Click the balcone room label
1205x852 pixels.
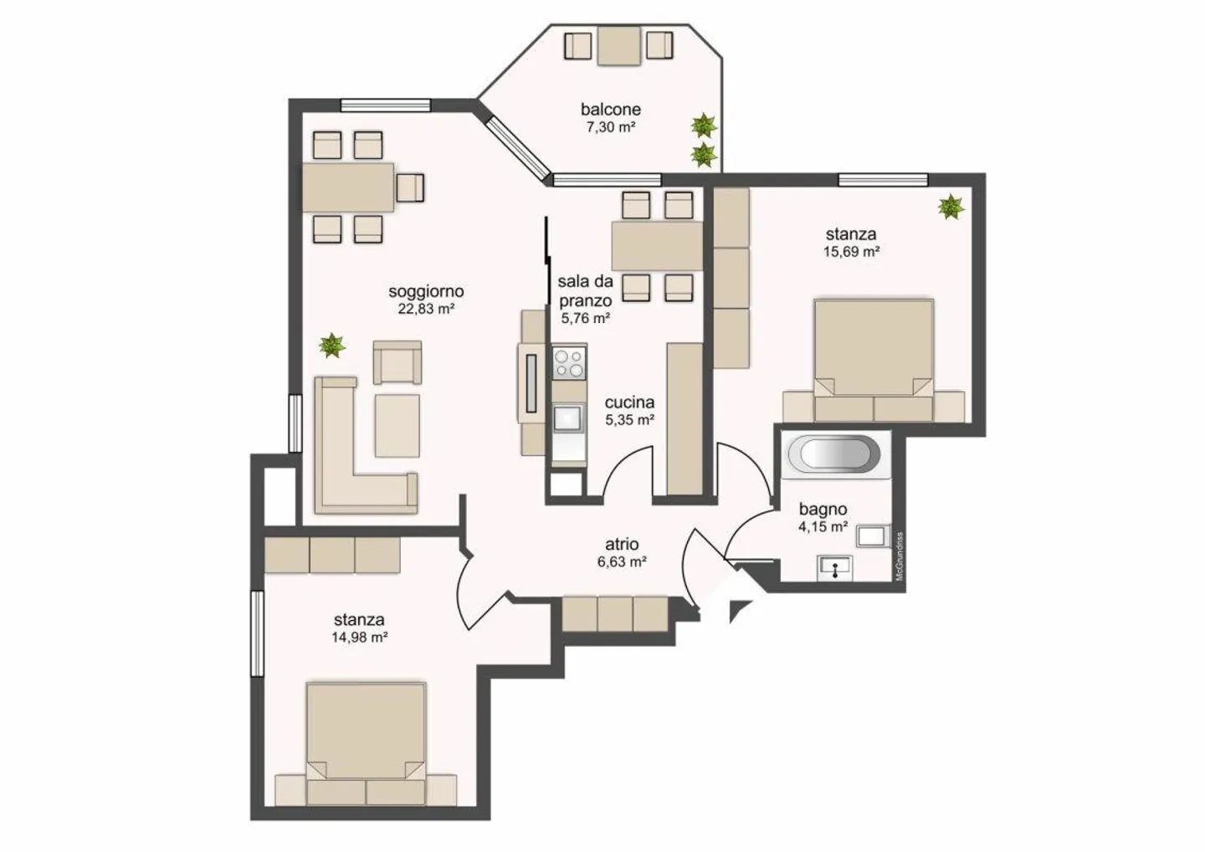pos(611,109)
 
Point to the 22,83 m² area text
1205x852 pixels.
pos(426,309)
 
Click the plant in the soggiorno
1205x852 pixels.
pos(331,346)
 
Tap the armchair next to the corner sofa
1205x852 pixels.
pos(397,362)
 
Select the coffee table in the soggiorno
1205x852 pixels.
pos(397,426)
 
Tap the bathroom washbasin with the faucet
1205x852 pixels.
pos(834,568)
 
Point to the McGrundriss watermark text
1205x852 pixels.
pos(899,557)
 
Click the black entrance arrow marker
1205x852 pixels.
pos(738,610)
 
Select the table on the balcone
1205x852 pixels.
pos(618,46)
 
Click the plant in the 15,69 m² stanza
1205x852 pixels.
pos(951,207)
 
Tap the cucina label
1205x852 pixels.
pos(629,403)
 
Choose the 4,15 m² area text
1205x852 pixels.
pos(823,526)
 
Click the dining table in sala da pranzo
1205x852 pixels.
pos(657,246)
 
